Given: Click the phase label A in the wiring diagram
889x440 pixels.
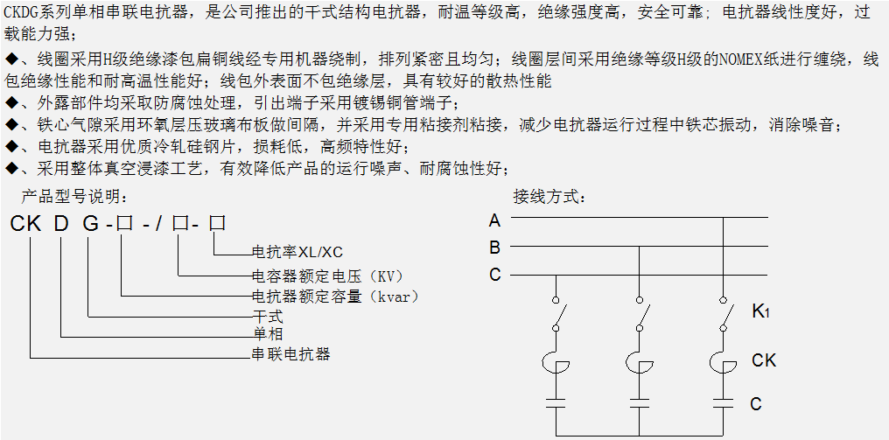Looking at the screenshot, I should tap(495, 220).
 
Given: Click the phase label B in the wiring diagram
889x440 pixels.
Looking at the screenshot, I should tap(495, 248).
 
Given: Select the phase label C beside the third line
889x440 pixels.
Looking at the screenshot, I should tap(495, 275).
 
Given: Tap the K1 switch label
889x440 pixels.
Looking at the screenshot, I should tap(759, 312).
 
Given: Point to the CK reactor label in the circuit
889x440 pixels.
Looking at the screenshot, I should tap(764, 360).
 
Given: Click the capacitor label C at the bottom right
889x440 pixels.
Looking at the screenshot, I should tap(756, 403).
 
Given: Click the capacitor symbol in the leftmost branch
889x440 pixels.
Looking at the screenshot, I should tap(556, 403).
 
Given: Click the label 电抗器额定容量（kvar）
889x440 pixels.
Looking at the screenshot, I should tap(335, 297).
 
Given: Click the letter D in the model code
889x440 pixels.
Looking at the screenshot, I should tap(61, 224).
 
